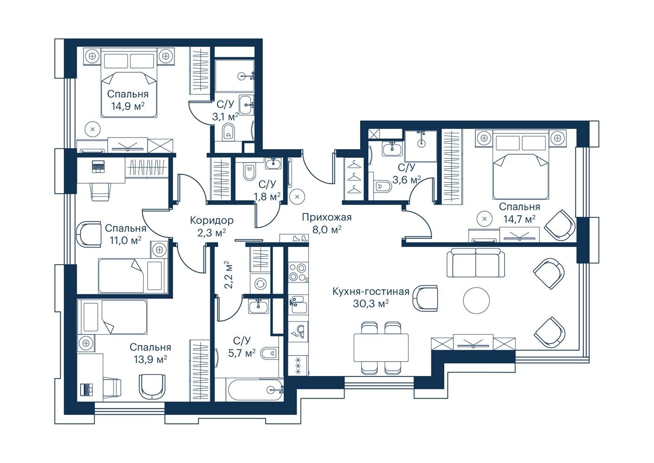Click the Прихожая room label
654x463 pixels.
326,217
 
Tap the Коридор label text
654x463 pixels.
212,220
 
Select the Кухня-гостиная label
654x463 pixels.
371,292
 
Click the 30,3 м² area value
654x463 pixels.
371,304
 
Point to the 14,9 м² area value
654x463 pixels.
128,106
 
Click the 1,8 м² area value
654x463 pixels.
267,197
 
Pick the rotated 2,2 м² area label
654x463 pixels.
229,275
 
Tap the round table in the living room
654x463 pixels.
476,300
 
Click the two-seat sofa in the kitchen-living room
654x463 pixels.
476,263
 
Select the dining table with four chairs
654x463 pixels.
381,348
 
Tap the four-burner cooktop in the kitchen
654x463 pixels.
298,272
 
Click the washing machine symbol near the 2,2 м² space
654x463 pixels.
260,284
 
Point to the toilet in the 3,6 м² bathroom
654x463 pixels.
383,187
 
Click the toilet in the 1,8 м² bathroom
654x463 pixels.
249,173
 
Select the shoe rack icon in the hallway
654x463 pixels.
294,238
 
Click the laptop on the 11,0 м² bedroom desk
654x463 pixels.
98,167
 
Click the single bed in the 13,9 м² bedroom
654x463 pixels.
112,317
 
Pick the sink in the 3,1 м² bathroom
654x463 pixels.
247,105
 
